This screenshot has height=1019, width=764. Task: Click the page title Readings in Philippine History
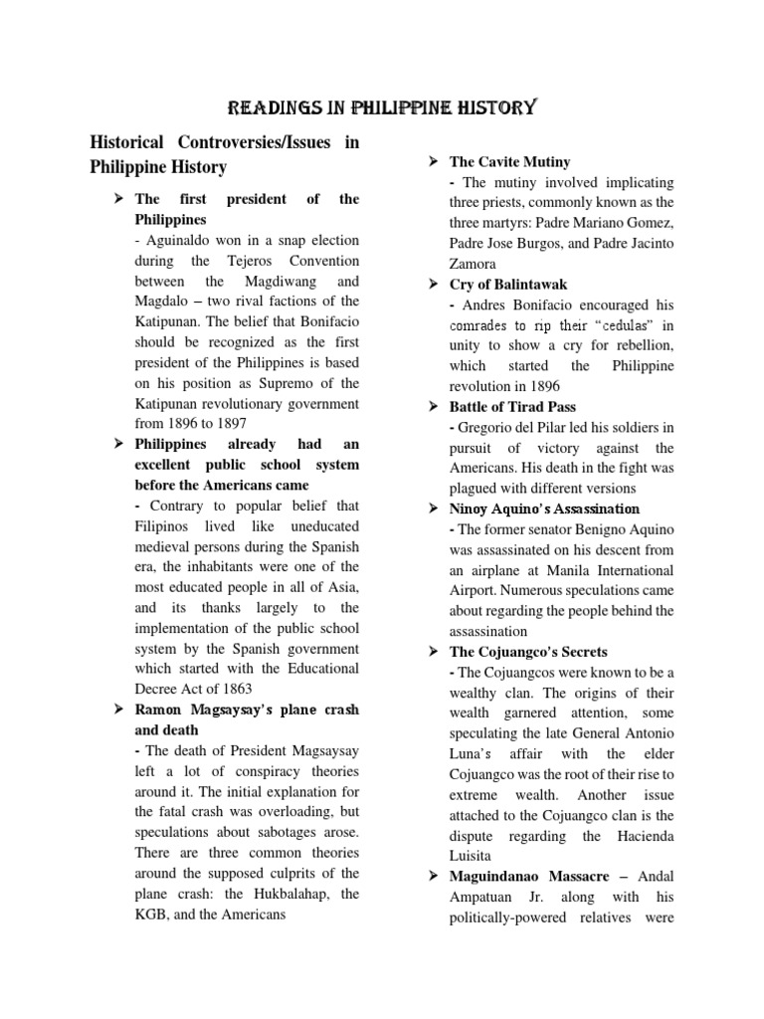[x=383, y=106]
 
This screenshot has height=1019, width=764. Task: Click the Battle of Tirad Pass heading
[x=512, y=406]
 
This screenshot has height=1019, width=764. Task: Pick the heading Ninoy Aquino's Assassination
[x=544, y=509]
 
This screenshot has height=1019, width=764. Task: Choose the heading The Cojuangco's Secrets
[x=533, y=651]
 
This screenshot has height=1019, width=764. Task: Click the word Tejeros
[x=235, y=261]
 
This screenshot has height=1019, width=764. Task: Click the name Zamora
[x=475, y=264]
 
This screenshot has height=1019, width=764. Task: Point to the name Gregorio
[x=484, y=427]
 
